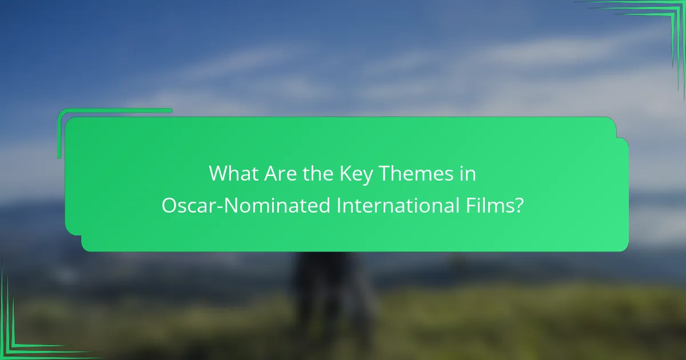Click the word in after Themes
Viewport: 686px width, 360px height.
(468, 174)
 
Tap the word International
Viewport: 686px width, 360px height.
(392, 206)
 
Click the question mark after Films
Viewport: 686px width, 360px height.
(519, 206)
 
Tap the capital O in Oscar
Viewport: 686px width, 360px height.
(170, 206)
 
